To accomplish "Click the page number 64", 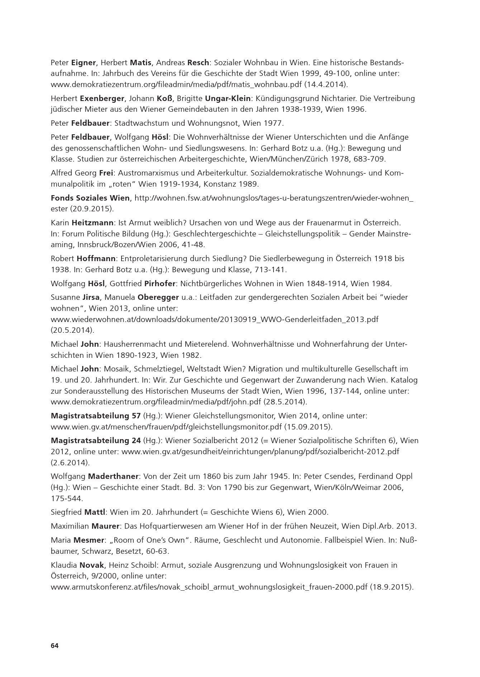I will (54, 645).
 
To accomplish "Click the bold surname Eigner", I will (84, 63).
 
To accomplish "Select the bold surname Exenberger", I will (102, 98).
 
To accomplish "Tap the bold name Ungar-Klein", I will (228, 98).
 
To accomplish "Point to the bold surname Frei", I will (106, 173).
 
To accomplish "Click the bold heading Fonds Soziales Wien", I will (91, 198).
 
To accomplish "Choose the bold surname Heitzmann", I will (92, 223).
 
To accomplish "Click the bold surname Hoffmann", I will (96, 259).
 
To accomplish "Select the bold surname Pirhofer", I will (160, 284).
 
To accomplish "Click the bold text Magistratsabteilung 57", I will (96, 416).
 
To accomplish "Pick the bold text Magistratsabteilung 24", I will (96, 441).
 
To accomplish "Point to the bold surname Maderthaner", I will (113, 476).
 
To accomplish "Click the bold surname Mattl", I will (95, 512).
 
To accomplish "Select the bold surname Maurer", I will (105, 526).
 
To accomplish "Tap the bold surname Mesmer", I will (89, 540).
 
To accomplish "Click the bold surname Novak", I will (91, 565).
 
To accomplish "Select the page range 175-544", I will (67, 498).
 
